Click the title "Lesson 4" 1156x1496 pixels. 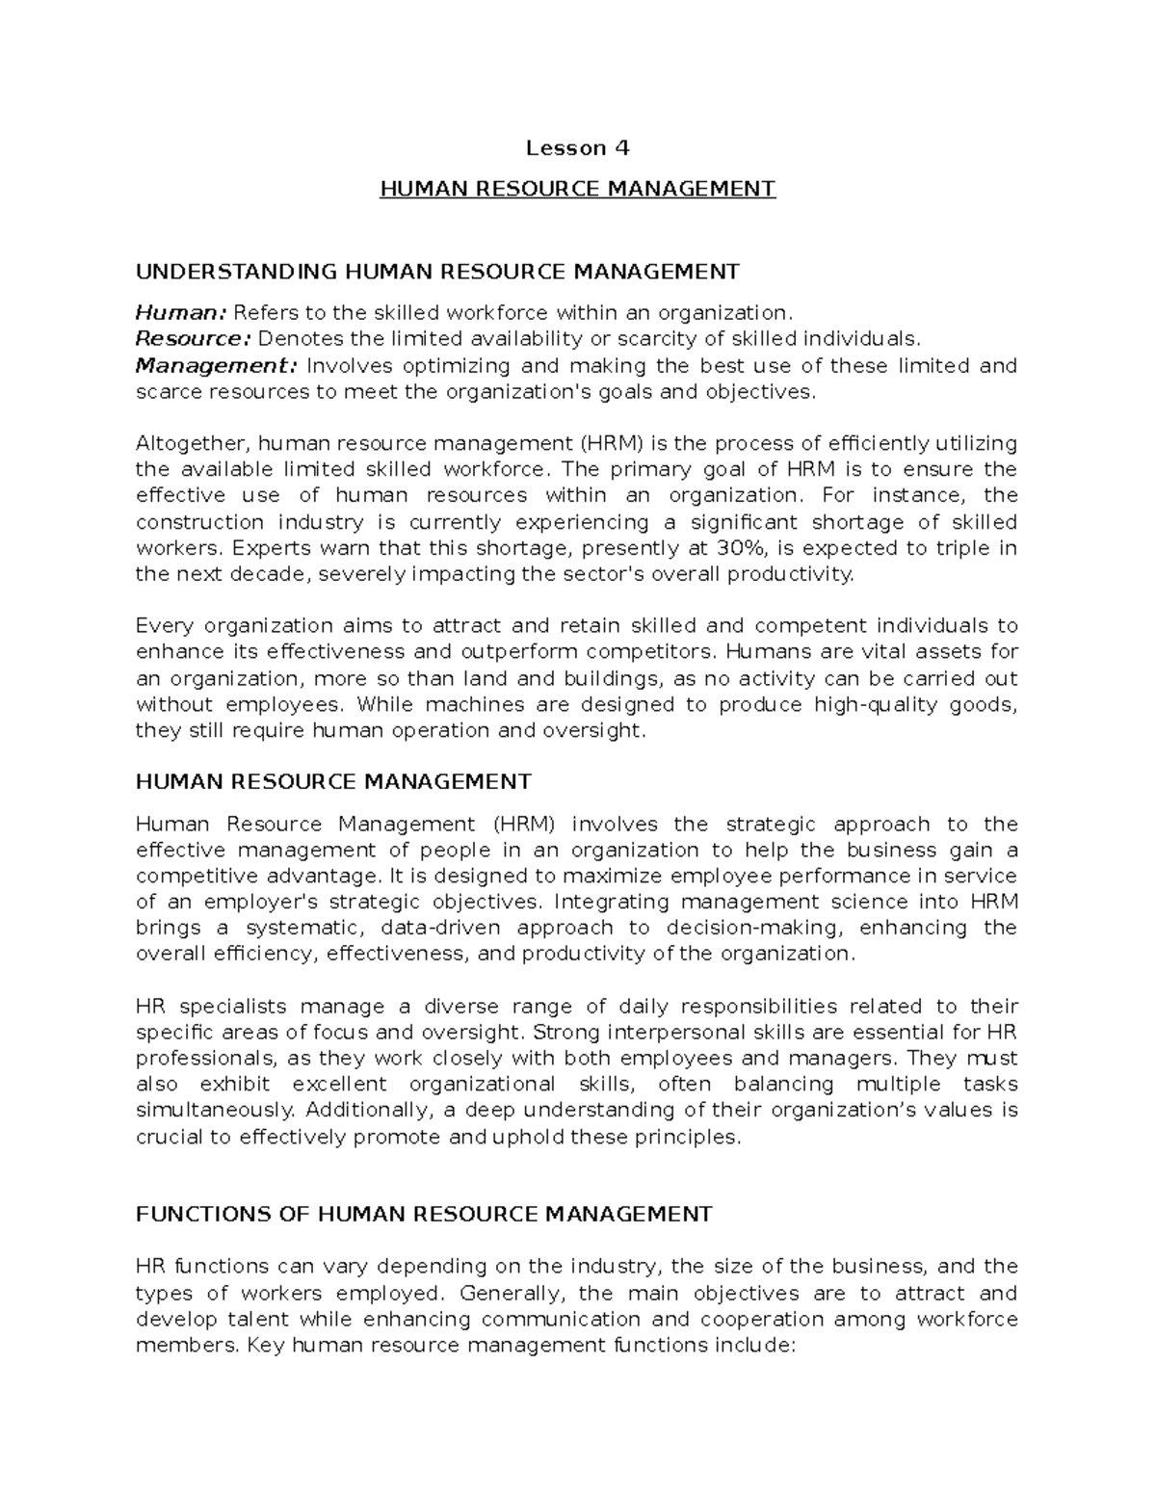point(577,148)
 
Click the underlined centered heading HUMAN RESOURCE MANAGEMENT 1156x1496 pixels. point(577,189)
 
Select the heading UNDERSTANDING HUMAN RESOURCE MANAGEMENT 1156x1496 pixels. point(437,272)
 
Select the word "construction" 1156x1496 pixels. point(199,522)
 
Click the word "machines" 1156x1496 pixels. point(479,704)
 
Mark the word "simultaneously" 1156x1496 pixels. point(213,1110)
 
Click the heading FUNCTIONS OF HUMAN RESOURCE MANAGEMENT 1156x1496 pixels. point(424,1214)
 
